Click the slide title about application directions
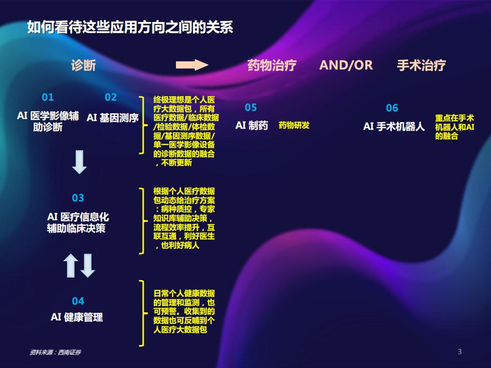pos(130,27)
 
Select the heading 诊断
pos(83,65)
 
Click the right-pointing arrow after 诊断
pos(192,65)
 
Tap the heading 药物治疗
pos(272,65)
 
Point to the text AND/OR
pos(346,65)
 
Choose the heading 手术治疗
pos(421,65)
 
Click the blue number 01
pos(48,97)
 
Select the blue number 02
pos(110,97)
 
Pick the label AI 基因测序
pos(113,118)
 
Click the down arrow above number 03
pos(80,162)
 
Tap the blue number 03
pos(78,198)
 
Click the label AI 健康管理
pos(77,317)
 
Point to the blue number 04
pos(78,301)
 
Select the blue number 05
pos(251,108)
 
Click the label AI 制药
pos(252,126)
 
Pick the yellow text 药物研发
pos(294,125)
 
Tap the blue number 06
pos(392,108)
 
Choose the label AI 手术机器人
pos(394,126)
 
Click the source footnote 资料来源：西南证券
pos(55,352)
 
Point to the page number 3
pos(460,352)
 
